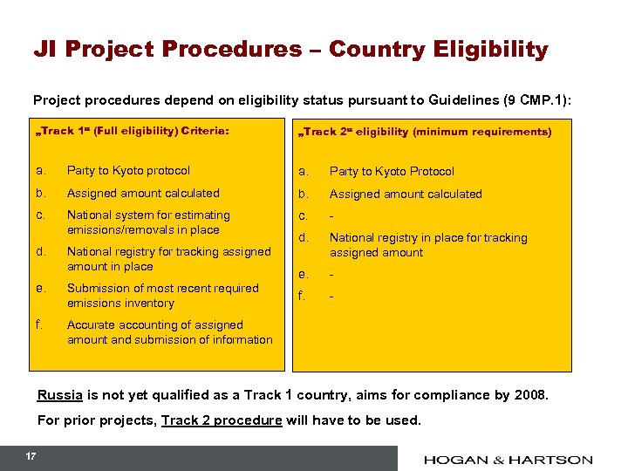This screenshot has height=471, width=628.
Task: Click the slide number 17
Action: pos(31,456)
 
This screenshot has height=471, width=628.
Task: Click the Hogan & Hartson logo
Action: pos(509,459)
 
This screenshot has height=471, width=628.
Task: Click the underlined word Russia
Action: pos(59,395)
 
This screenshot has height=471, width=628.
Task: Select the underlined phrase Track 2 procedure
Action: pos(222,420)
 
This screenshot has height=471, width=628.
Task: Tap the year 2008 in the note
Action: pos(529,395)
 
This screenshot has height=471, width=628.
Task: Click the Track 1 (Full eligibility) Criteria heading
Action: pos(134,131)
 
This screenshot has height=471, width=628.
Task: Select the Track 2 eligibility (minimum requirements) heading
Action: pos(425,132)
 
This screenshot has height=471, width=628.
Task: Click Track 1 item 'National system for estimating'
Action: pos(148,215)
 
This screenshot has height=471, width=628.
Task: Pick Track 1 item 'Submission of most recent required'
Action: pos(163,288)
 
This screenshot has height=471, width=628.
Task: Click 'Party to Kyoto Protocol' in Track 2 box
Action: pos(392,171)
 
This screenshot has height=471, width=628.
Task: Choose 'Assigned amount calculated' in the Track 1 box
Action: pos(143,193)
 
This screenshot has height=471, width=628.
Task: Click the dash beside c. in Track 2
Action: pos(331,215)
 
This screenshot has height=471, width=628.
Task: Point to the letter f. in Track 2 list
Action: pos(303,296)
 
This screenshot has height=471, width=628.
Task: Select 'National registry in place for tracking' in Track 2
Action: pos(427,237)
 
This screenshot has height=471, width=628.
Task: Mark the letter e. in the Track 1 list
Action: pos(41,288)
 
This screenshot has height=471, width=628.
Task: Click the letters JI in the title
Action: pos(44,49)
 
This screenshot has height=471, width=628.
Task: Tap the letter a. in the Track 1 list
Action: pos(41,170)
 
